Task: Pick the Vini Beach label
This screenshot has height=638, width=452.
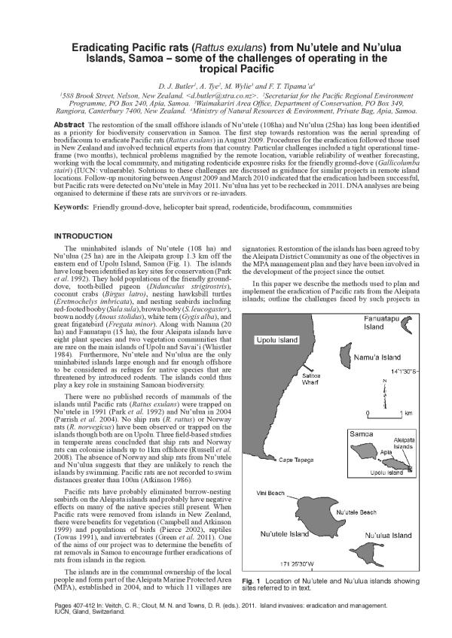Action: pos(270,494)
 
